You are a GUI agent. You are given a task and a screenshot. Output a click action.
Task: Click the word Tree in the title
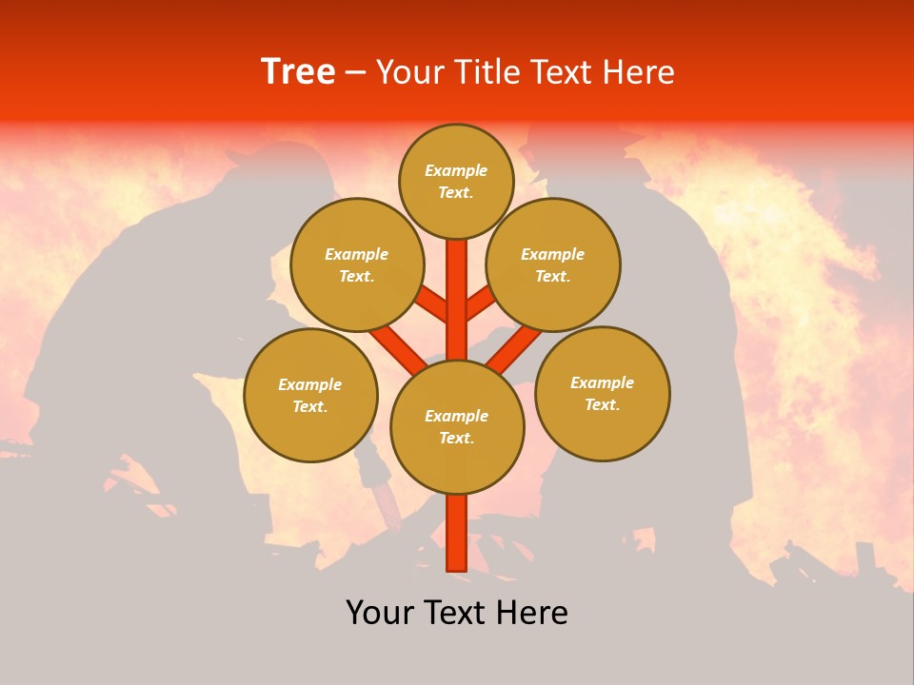pos(298,72)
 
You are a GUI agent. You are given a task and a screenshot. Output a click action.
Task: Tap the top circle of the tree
pos(456,181)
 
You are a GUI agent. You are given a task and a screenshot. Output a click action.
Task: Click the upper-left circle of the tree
pos(357,264)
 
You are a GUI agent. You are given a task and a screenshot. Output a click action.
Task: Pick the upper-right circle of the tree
pos(553,264)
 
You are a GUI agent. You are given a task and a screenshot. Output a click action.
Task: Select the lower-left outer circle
pos(310,395)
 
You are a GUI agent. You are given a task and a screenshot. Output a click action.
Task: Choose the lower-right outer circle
pos(602,393)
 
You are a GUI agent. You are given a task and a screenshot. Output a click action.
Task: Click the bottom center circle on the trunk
pos(457,427)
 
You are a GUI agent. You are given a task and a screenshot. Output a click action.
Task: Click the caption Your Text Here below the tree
pos(457,613)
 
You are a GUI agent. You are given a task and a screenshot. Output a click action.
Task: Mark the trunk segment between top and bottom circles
pos(457,300)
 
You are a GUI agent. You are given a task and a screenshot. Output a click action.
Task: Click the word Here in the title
pos(640,72)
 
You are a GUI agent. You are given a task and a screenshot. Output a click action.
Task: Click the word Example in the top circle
pos(456,171)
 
